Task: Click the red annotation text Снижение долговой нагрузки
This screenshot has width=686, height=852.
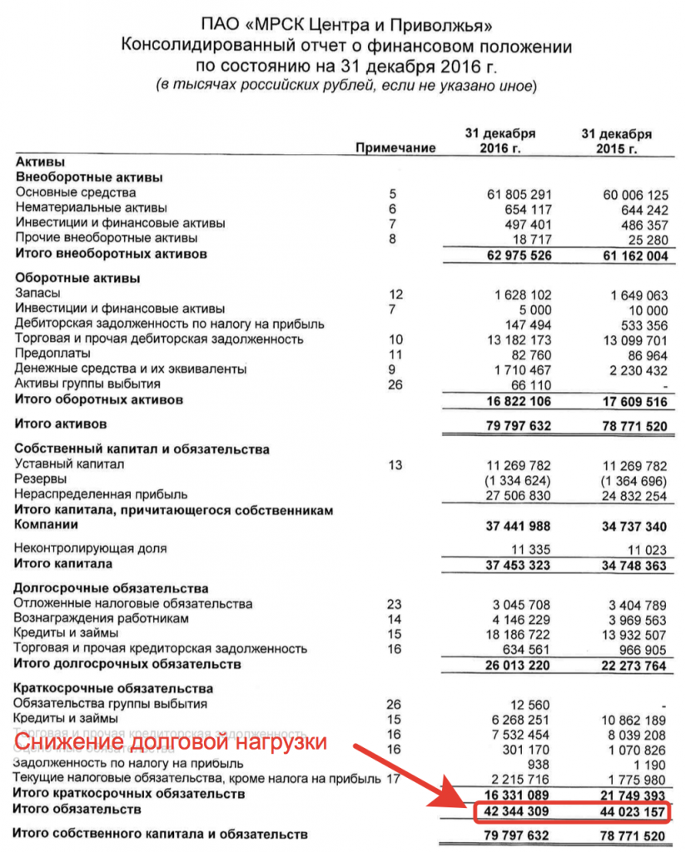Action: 171,742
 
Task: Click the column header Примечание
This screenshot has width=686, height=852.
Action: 395,148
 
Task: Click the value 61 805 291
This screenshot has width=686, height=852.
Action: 519,195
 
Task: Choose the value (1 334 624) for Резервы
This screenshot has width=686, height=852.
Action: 519,480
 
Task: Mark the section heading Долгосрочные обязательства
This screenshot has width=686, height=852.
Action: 111,588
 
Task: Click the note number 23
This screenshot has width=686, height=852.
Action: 395,604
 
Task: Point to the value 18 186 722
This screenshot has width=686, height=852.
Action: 519,634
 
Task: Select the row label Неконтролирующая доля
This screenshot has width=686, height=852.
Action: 91,548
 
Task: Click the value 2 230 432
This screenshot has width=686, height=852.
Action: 634,369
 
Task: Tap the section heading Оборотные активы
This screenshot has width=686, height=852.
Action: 77,278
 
